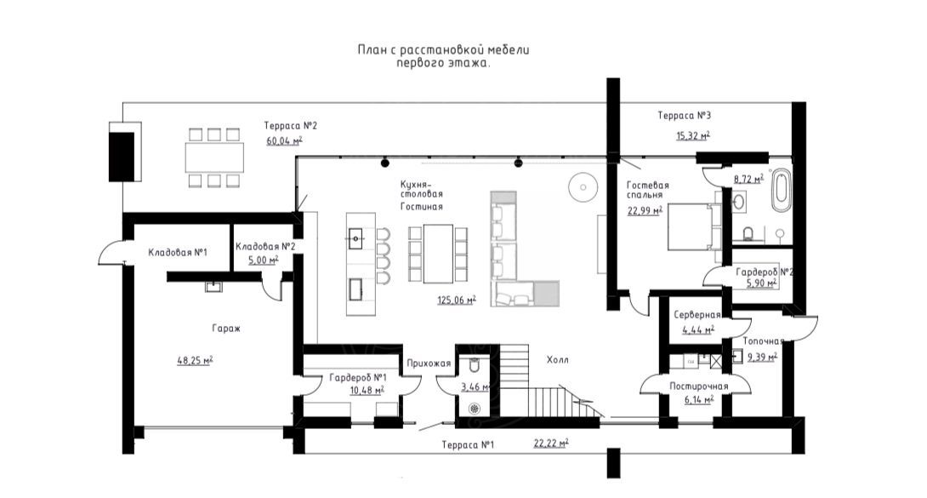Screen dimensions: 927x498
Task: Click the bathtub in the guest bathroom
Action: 781,191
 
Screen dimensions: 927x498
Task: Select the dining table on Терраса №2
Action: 214,157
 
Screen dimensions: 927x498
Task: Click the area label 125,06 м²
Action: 457,300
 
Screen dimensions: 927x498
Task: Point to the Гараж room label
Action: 226,329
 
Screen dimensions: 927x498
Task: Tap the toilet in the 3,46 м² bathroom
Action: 475,365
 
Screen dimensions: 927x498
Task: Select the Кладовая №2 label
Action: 264,247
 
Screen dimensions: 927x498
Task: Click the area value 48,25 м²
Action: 195,360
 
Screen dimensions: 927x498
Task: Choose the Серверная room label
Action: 697,315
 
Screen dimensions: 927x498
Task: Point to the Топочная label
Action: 763,341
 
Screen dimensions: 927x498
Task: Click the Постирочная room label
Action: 698,386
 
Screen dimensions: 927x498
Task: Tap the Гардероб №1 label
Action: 358,378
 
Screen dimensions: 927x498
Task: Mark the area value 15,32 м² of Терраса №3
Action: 693,135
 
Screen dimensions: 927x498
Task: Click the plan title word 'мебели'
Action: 509,49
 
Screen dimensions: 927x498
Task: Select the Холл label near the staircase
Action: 558,359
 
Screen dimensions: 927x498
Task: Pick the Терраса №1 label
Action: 468,444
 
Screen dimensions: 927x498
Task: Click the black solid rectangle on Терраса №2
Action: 122,156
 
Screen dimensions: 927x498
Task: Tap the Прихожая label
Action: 429,363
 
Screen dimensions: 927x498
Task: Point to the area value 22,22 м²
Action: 551,443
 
